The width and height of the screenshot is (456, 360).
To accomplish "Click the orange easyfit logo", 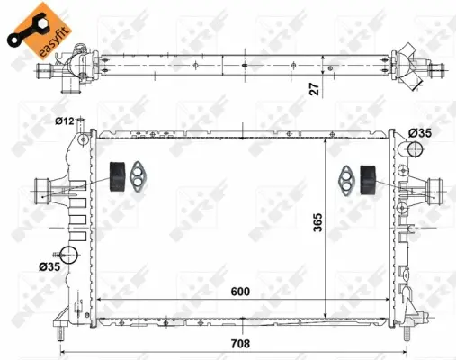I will pos(28,26).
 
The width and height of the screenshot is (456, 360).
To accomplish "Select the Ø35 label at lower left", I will pos(49,266).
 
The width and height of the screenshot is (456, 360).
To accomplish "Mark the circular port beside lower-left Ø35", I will pos(69,255).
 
